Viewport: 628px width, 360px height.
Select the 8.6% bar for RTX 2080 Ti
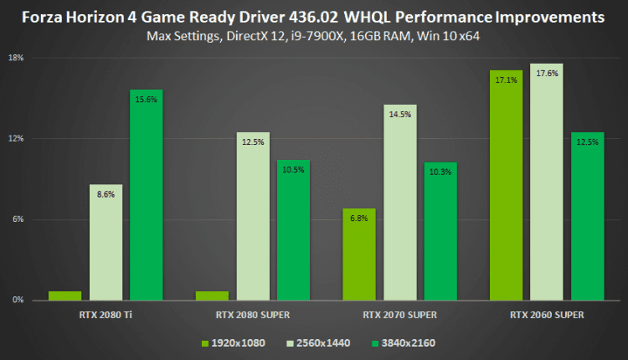[x=106, y=242]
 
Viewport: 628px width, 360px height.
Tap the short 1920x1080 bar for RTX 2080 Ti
[x=65, y=296]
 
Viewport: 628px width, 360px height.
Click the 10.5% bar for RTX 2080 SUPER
[x=293, y=229]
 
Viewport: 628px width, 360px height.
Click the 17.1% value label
[x=506, y=80]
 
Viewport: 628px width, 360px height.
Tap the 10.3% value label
[x=440, y=172]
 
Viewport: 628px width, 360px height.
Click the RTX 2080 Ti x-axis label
[x=106, y=315]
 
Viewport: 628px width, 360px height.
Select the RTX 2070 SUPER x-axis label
[x=399, y=315]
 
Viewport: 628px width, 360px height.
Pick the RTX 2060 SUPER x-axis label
[x=547, y=315]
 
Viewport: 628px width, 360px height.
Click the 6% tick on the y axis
[x=18, y=219]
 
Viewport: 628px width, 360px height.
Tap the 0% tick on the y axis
[x=18, y=300]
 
